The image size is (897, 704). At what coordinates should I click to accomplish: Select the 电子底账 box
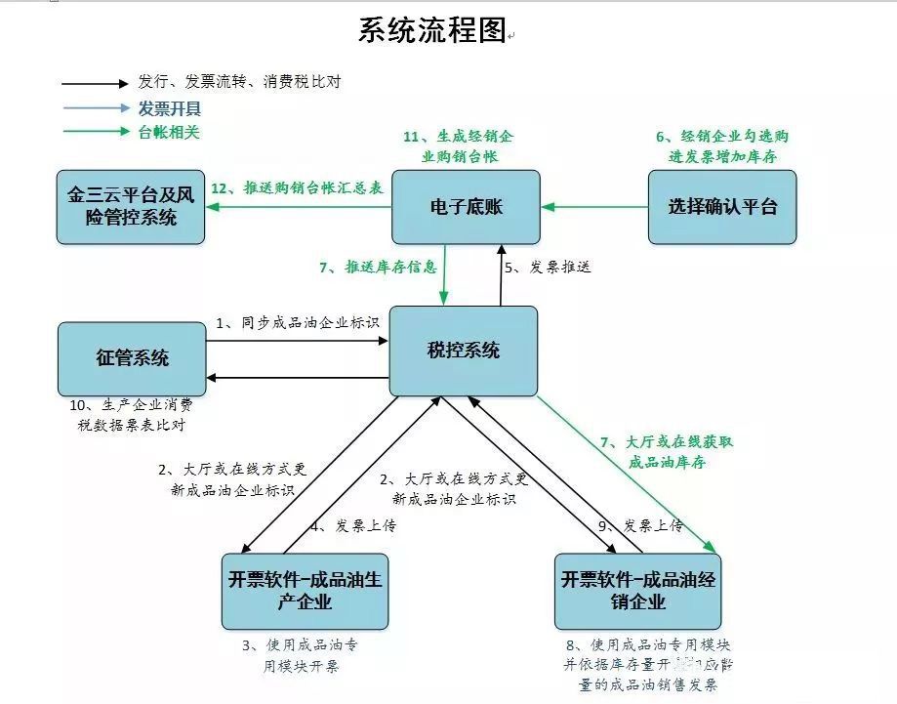tap(466, 207)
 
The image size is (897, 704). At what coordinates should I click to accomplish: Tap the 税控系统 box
tap(463, 351)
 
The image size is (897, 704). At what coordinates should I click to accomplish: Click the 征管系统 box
tap(132, 358)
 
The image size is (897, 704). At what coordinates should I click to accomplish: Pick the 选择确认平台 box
tap(722, 206)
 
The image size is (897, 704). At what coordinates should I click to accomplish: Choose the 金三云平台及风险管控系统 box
tap(131, 207)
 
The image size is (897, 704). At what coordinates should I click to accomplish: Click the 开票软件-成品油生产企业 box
tap(305, 591)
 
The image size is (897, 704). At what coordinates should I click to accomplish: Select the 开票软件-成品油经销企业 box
tap(637, 591)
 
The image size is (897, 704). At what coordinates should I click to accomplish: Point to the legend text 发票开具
tap(170, 107)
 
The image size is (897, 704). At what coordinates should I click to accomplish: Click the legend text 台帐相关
tap(169, 132)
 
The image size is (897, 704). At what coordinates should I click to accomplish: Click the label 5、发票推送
tap(548, 266)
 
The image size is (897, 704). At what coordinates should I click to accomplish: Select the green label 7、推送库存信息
tap(378, 266)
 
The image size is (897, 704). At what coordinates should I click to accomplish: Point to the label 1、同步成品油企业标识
tap(297, 322)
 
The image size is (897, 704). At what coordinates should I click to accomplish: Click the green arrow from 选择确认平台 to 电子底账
tap(594, 207)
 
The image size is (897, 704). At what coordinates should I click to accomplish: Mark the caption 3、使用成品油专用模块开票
tap(306, 655)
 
